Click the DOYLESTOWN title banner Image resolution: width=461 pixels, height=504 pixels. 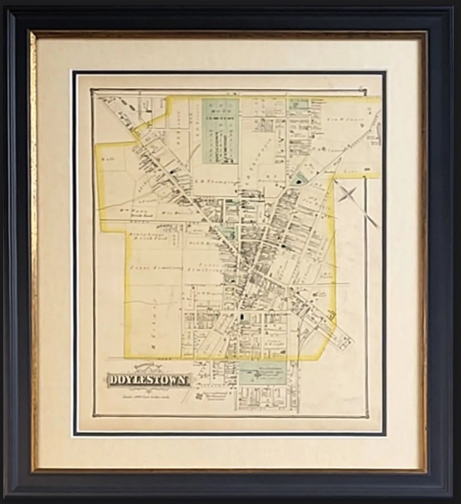148,380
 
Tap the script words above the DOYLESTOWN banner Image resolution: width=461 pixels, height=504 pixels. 146,369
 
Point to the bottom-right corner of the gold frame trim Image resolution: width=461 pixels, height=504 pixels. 427,472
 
